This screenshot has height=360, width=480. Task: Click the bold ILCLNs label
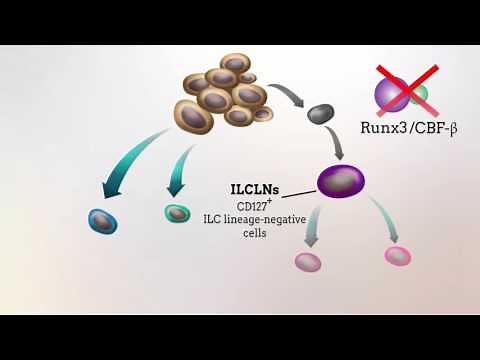click(254, 188)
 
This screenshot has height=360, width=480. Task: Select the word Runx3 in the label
click(382, 127)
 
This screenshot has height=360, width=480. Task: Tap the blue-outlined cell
click(102, 220)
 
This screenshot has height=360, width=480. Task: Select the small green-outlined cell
click(177, 212)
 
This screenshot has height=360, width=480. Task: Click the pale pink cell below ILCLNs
click(308, 262)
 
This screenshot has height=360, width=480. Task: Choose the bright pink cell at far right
click(398, 255)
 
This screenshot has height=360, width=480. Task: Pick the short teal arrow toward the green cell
click(181, 165)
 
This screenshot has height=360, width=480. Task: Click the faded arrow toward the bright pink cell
click(385, 222)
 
